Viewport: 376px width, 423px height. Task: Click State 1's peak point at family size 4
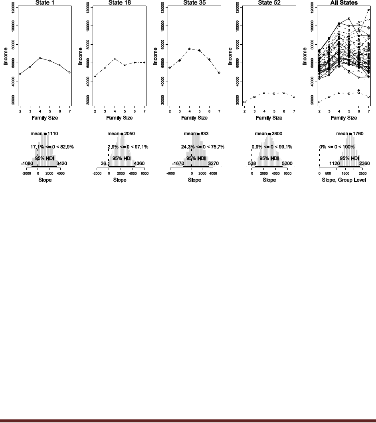click(x=40, y=58)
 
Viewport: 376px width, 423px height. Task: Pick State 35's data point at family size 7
click(x=219, y=73)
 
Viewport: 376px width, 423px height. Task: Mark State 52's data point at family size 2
click(x=245, y=102)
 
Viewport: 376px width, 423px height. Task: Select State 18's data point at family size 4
click(x=115, y=59)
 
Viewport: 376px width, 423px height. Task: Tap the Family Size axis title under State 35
click(x=194, y=118)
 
